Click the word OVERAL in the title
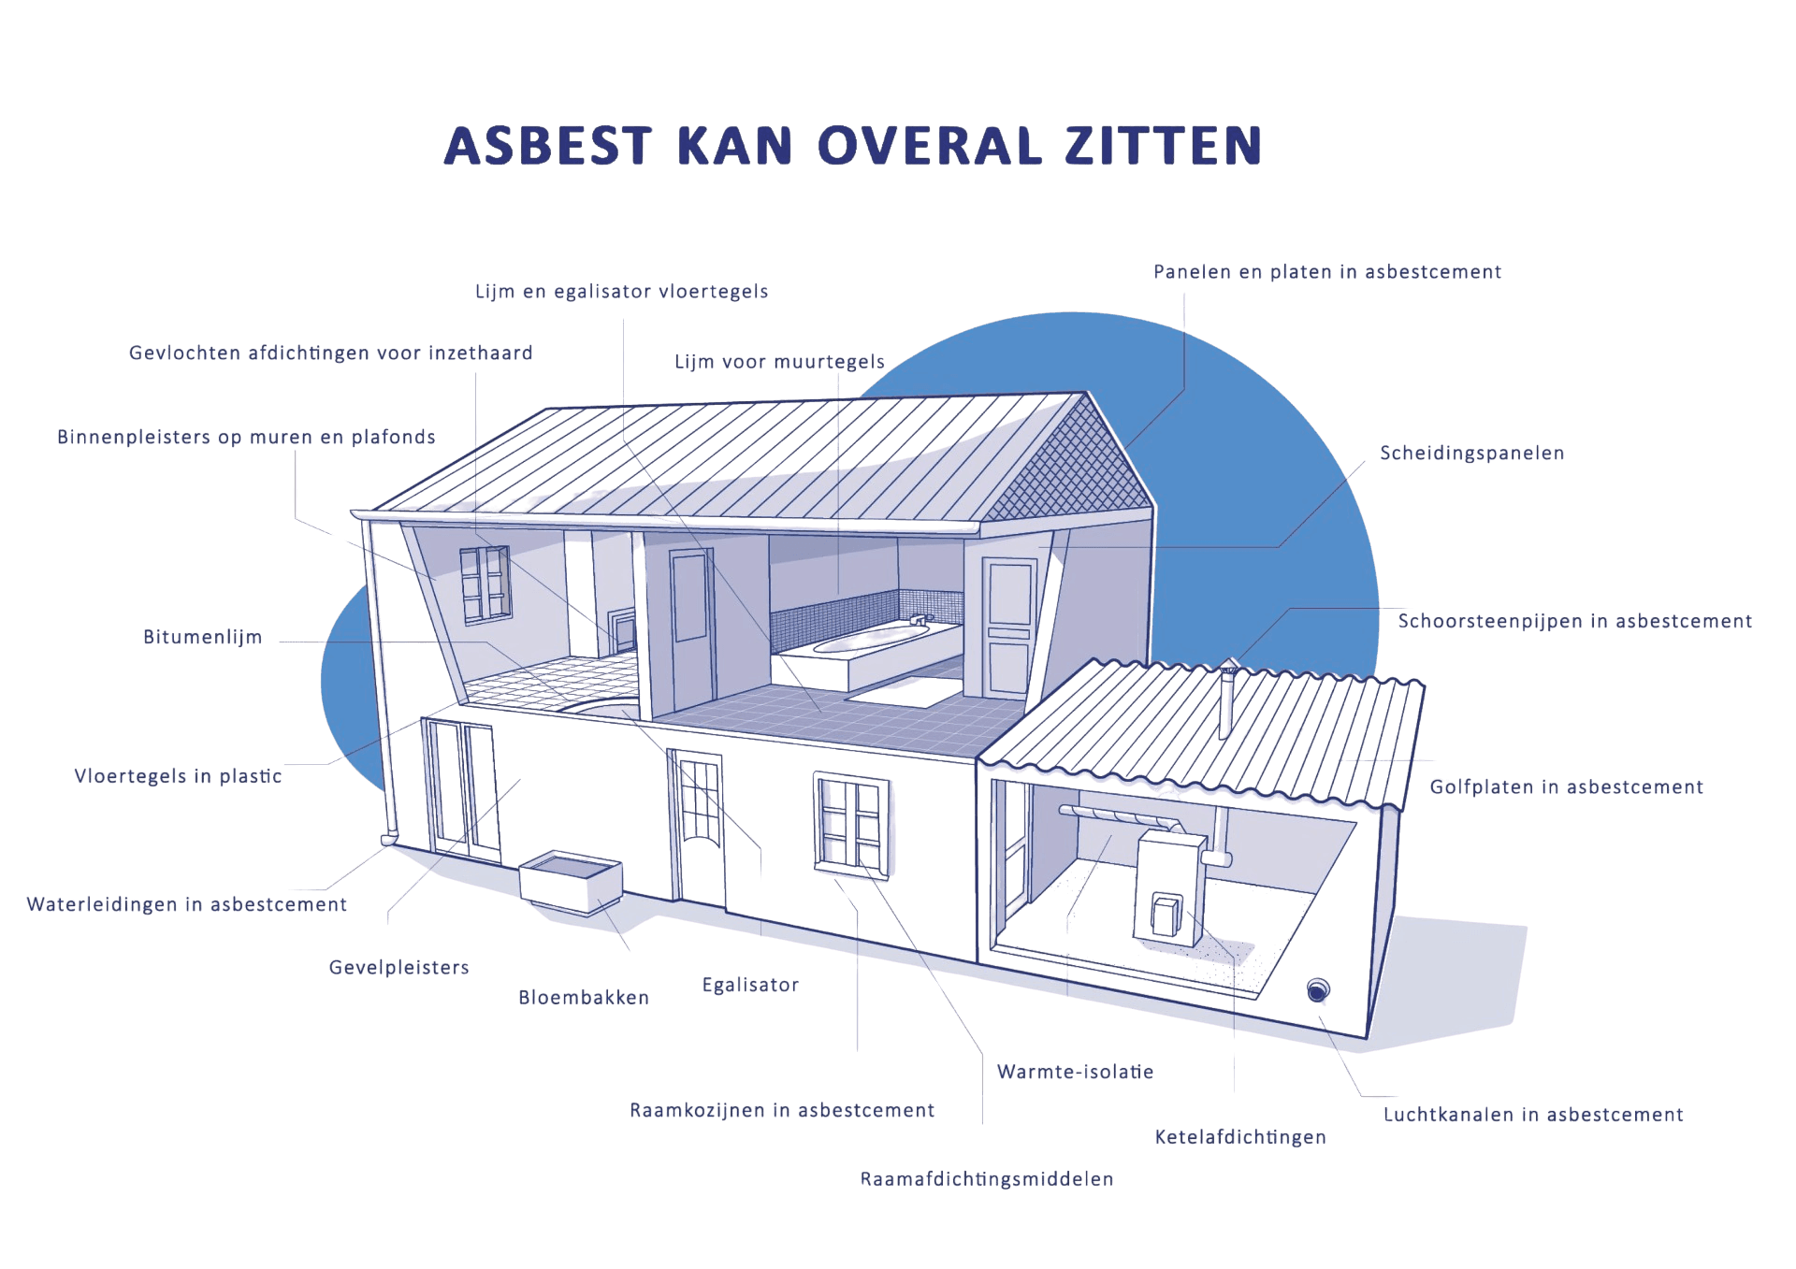click(930, 146)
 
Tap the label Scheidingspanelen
click(1472, 454)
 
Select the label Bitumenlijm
click(203, 637)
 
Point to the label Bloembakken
click(584, 998)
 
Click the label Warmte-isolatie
click(1076, 1072)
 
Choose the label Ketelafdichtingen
click(1240, 1137)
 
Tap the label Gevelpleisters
click(399, 968)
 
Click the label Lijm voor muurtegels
click(780, 362)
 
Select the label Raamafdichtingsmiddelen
click(987, 1179)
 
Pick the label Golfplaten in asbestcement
click(1567, 787)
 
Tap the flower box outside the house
click(571, 882)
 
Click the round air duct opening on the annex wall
click(1318, 989)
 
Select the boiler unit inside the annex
click(1169, 888)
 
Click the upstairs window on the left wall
click(485, 584)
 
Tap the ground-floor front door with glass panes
click(698, 829)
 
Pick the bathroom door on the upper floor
click(1008, 626)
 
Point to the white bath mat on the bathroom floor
click(904, 693)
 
